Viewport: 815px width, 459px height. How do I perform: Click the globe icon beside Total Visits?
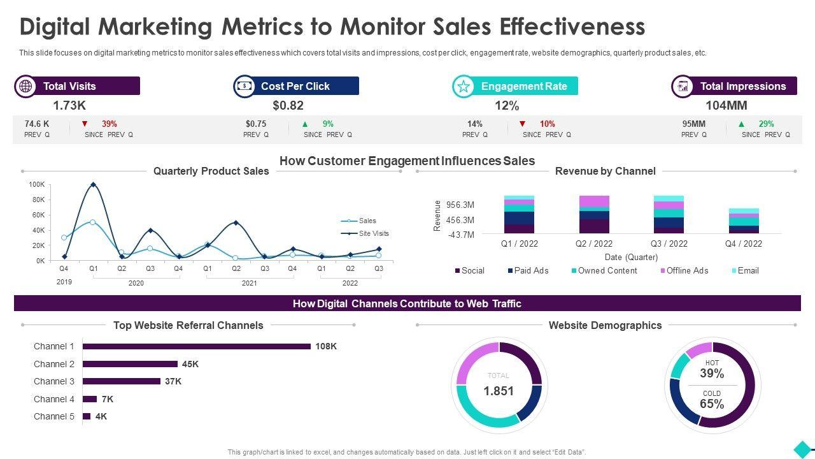coord(25,86)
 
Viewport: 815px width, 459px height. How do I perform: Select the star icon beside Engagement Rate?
coord(464,86)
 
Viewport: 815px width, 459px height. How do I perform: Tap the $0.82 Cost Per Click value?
coord(288,106)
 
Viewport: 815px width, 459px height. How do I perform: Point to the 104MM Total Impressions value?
coord(726,106)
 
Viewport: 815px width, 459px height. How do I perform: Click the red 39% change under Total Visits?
coord(109,124)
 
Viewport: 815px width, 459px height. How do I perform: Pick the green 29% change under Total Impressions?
coord(765,124)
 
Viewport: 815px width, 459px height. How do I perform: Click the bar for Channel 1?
coord(197,346)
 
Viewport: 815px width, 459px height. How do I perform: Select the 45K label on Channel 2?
coord(190,364)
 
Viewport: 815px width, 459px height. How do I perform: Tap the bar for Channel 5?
coord(87,416)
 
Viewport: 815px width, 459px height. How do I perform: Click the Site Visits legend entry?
coord(373,233)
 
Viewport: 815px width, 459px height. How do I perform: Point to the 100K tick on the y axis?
coord(37,184)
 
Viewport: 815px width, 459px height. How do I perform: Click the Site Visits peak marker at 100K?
coord(94,185)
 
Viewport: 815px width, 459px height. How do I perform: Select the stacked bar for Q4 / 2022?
coord(744,221)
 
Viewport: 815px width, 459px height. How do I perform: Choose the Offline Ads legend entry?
coord(687,271)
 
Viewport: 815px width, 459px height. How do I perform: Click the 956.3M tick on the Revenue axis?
coord(460,205)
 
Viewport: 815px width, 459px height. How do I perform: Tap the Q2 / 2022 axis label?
coord(594,244)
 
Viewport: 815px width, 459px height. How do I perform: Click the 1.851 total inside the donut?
coord(499,391)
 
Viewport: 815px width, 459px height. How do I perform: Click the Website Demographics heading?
coord(605,325)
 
